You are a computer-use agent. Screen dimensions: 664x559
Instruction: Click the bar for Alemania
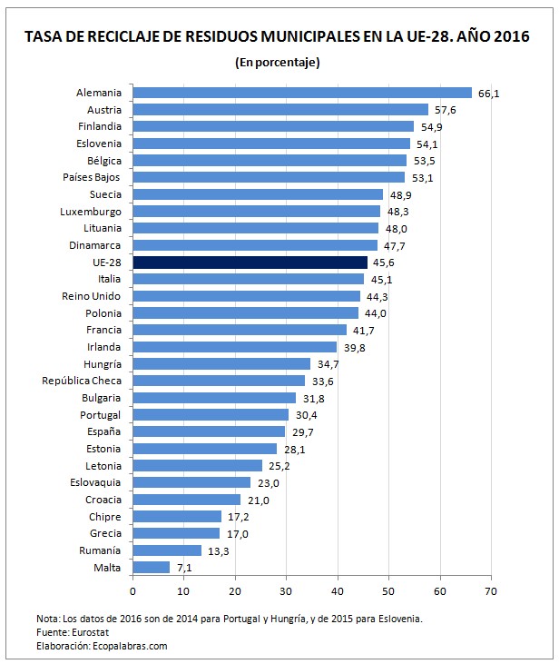[x=302, y=93]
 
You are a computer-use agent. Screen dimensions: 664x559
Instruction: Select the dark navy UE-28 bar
[x=250, y=263]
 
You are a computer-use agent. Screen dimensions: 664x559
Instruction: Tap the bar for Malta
[x=151, y=568]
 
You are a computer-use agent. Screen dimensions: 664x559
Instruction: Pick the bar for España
[x=209, y=431]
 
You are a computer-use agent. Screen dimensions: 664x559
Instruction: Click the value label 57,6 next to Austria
[x=445, y=110]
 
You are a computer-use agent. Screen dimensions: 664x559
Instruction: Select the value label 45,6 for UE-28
[x=383, y=263]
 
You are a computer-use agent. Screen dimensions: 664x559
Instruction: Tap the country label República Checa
[x=76, y=381]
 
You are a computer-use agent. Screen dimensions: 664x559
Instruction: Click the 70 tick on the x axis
[x=491, y=591]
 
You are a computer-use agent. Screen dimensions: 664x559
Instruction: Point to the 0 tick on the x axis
[x=132, y=591]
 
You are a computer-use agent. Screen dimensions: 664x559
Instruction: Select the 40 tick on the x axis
[x=338, y=591]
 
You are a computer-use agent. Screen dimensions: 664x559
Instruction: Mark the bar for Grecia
[x=176, y=533]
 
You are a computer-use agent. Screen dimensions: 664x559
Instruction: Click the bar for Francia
[x=240, y=330]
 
